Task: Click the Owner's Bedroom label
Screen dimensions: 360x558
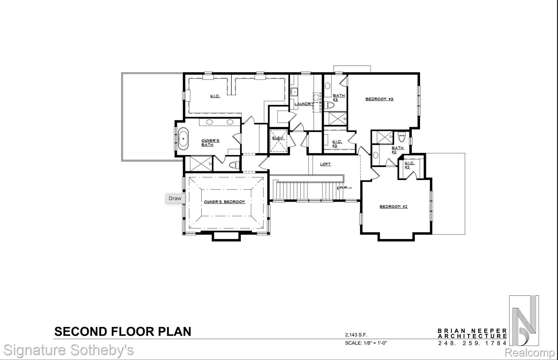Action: coord(224,202)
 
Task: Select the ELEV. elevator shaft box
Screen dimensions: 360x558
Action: coord(279,141)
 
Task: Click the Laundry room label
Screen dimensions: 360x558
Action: coord(304,104)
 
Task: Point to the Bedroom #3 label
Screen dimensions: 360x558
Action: coord(379,99)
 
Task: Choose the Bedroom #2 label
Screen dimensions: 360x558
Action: coord(393,206)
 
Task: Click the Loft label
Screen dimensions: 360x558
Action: coord(325,164)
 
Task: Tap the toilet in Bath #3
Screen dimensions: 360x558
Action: coord(330,105)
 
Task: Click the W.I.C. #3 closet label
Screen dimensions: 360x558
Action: coord(337,144)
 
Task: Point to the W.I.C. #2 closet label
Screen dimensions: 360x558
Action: coord(409,165)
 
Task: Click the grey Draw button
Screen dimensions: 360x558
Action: coord(175,198)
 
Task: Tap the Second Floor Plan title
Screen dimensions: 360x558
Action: coord(123,331)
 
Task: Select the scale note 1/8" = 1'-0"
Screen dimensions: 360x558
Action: coord(366,343)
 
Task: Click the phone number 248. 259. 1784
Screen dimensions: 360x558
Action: coord(472,343)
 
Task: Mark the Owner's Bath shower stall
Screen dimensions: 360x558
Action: coord(201,163)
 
